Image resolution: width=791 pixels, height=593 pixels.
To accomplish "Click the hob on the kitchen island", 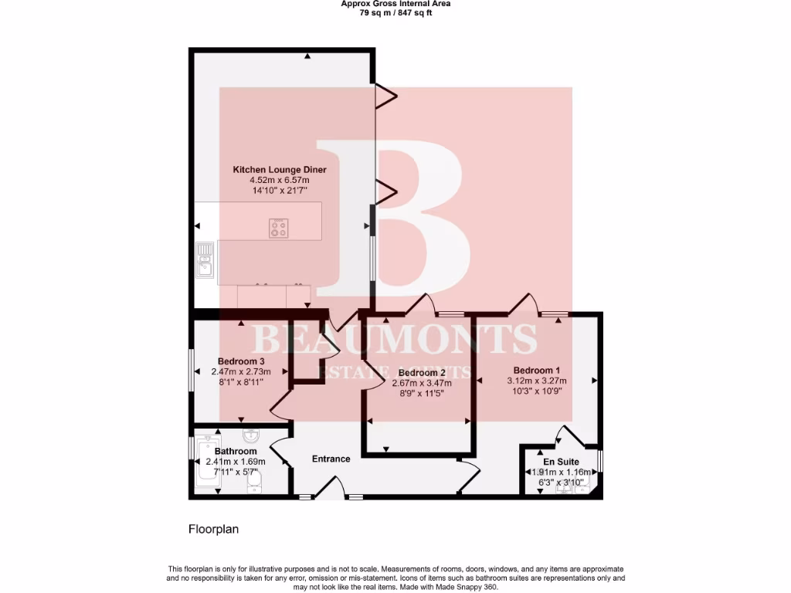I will [279, 229].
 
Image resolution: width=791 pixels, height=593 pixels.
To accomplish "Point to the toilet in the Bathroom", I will [256, 483].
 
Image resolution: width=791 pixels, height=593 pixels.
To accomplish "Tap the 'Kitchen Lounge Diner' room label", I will [280, 170].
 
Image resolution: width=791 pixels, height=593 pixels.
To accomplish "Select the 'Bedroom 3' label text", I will [241, 361].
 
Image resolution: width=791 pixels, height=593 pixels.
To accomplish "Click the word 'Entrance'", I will [331, 459].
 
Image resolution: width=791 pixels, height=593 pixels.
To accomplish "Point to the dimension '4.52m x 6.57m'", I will [280, 180].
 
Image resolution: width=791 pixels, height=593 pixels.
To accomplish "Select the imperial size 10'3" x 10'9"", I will [537, 391].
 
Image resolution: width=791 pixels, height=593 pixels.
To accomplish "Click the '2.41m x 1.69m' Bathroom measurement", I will [236, 462].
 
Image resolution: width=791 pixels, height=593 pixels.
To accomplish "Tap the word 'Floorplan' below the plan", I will [215, 530].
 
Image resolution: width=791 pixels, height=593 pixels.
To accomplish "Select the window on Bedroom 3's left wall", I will [192, 372].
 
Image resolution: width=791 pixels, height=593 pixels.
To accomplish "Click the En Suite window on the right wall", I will [600, 463].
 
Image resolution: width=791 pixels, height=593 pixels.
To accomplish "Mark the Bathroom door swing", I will [280, 450].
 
